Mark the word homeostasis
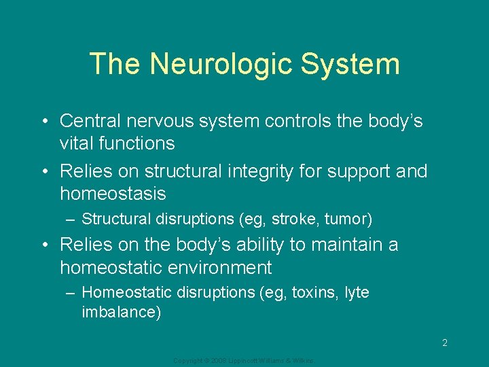113,194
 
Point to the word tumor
346,220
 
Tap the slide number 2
445,343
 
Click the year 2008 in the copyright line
217,360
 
